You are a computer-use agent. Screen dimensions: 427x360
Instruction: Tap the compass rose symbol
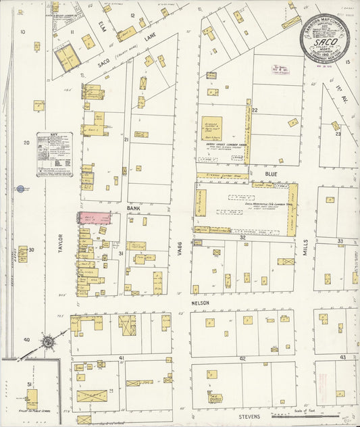click(48, 343)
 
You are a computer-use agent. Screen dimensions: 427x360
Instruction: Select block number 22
click(255, 109)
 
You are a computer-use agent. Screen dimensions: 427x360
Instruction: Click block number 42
click(242, 359)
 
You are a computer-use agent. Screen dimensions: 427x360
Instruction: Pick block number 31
click(121, 253)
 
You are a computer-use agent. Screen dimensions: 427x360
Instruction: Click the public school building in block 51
click(32, 398)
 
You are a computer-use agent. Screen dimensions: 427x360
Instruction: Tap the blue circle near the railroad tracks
click(20, 189)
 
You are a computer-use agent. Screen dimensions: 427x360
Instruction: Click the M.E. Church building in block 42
click(215, 399)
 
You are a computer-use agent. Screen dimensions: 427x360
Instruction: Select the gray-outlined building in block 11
click(68, 56)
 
